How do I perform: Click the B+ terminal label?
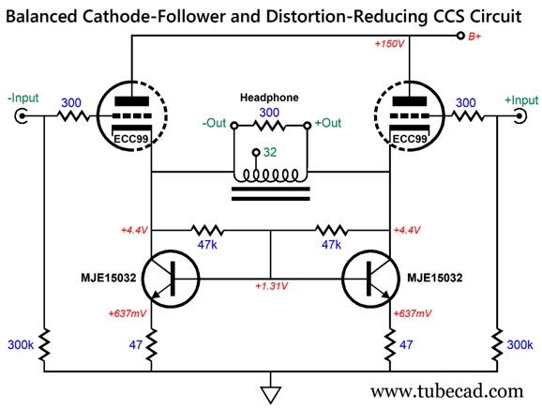[474, 37]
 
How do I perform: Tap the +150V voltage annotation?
[389, 44]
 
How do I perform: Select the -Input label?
[23, 98]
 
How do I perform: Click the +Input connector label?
[521, 100]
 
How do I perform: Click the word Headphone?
[269, 98]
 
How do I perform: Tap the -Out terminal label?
[215, 123]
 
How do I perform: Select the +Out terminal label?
[327, 123]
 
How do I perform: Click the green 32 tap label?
[270, 152]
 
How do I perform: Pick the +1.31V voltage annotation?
[272, 286]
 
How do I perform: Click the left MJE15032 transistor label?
[109, 278]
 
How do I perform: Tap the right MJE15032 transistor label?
[434, 278]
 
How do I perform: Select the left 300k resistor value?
[21, 344]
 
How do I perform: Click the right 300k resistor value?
[519, 344]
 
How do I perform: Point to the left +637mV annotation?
[128, 313]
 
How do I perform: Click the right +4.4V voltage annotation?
[407, 230]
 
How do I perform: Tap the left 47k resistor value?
[207, 245]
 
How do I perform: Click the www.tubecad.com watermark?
[447, 391]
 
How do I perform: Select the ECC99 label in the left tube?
[130, 139]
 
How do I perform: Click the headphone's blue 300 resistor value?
[269, 113]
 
